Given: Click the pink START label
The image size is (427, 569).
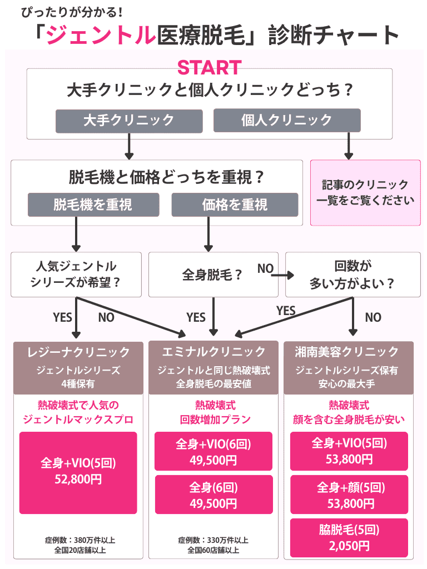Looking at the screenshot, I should click(x=209, y=67).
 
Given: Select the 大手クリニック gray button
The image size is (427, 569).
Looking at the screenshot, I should click(x=129, y=120).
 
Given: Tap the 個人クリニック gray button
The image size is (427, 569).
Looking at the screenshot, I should click(x=287, y=120).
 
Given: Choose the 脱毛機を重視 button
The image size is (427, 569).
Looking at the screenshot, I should click(x=93, y=204).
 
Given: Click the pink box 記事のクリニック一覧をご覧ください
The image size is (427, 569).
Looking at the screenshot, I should click(x=365, y=192).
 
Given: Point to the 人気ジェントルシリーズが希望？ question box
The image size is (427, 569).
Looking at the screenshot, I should click(x=77, y=274).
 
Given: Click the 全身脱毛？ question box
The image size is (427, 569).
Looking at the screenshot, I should click(x=213, y=274).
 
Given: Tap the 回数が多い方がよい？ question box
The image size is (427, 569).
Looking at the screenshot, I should click(x=352, y=274).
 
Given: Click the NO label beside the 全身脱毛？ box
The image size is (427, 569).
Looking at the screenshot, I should click(x=265, y=269).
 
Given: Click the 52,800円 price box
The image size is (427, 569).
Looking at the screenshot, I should click(x=78, y=472).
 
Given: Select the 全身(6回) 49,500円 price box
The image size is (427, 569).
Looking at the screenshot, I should click(x=213, y=495).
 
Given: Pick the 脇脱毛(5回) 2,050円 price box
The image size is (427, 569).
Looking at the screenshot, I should click(x=349, y=538).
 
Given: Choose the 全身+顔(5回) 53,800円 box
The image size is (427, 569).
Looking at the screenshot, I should click(x=349, y=495).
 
